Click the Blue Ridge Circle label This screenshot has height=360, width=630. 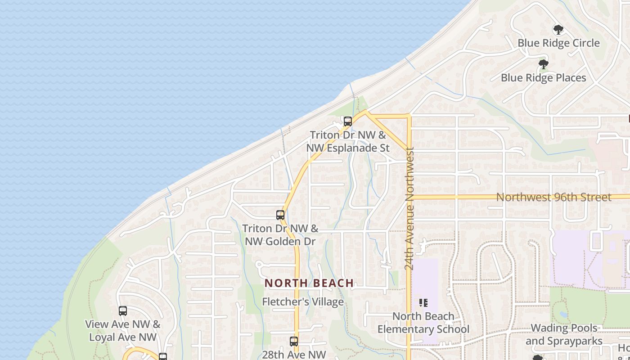558,43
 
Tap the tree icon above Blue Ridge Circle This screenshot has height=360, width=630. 558,30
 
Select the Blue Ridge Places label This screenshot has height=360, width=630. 543,78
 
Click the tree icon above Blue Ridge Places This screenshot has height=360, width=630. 543,64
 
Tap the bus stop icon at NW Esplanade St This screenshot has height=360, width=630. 347,121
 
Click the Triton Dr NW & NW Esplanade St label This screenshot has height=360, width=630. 347,141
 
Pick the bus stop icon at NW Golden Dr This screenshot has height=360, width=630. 280,215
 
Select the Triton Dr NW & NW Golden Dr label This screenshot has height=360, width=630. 280,235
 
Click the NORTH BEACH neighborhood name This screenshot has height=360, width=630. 309,283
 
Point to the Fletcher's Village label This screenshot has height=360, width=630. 303,302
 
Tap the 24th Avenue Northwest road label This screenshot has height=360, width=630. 409,209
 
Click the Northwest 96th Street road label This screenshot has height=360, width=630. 553,198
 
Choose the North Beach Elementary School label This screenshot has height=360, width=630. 423,323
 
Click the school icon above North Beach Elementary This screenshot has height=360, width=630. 423,303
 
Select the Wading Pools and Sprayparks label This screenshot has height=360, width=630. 564,334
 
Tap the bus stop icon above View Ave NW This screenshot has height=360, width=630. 122,311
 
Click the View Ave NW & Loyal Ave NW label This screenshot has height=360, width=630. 122,331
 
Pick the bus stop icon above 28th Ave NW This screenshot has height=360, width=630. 294,342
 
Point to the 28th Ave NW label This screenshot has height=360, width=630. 293,355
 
